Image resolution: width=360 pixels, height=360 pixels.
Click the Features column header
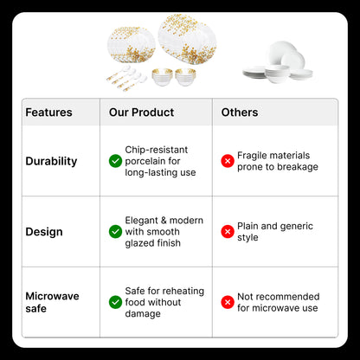(x=48, y=112)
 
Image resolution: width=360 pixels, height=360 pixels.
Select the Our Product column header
(x=141, y=112)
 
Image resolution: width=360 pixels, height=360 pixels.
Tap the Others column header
(x=240, y=112)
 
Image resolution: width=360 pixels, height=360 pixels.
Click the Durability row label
(x=51, y=161)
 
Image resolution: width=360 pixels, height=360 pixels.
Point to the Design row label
(x=44, y=232)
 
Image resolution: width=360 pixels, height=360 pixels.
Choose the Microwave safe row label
(x=52, y=302)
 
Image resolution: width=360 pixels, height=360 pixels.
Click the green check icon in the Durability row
(x=115, y=161)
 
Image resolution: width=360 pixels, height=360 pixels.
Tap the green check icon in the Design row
(x=115, y=232)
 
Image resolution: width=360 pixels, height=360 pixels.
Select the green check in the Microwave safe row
(x=115, y=302)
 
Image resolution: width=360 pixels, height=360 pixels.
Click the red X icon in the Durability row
(x=228, y=161)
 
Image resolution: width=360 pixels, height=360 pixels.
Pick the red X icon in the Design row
(x=228, y=232)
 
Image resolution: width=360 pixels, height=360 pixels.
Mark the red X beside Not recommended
(x=228, y=302)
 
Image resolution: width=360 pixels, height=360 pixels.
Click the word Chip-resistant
(x=157, y=150)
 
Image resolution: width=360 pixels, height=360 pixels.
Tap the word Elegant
(x=141, y=221)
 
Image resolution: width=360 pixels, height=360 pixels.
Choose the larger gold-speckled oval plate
(x=188, y=39)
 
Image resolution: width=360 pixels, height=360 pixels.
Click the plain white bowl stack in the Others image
(x=277, y=74)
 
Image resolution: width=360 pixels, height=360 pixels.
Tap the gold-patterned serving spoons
(x=126, y=78)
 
